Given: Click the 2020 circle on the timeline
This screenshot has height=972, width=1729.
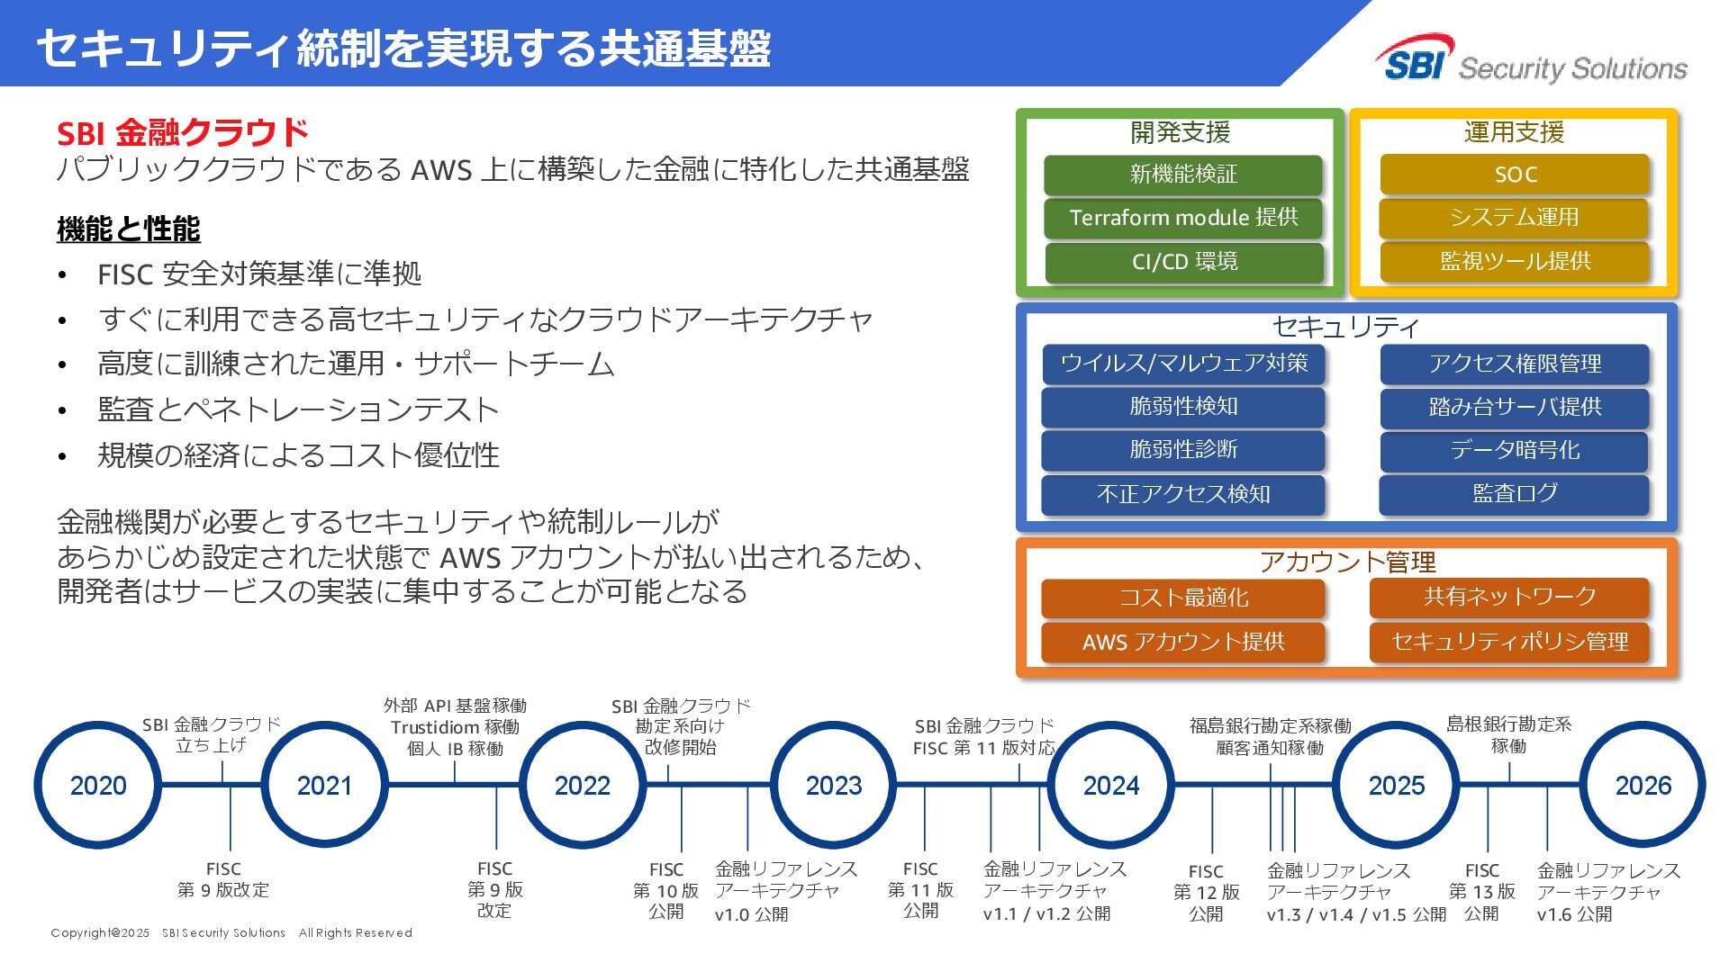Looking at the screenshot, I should click(98, 785).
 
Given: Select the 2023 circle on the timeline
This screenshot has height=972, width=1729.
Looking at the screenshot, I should click(834, 785).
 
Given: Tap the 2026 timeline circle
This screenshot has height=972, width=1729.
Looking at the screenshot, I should click(1643, 785).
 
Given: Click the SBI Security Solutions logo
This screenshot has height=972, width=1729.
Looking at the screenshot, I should click(1531, 60).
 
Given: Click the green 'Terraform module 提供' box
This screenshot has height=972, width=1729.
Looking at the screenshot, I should click(1183, 218).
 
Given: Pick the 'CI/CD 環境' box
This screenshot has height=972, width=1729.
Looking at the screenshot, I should click(1183, 262).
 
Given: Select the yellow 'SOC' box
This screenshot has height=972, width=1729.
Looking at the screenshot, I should click(1515, 175).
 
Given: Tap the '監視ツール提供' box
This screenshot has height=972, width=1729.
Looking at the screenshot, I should click(1515, 262).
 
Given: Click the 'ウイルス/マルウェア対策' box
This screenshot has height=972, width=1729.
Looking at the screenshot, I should click(1183, 364).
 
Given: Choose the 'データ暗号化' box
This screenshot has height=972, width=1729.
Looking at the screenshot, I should click(1515, 450).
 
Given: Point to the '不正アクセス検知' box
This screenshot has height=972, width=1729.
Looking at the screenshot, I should click(1183, 494).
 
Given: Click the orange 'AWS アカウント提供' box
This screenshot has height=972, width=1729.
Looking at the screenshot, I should click(1183, 642).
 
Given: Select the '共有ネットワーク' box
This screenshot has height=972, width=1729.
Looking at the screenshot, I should click(1509, 597).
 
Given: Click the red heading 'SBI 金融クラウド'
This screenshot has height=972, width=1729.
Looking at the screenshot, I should click(183, 133).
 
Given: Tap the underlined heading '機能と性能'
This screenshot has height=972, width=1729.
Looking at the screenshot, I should click(129, 229).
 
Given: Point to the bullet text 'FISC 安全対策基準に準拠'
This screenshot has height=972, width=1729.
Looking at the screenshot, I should click(259, 274).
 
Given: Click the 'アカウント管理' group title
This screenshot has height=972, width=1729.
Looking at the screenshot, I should click(1347, 562).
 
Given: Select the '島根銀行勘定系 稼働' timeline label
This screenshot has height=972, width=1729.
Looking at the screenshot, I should click(1508, 734).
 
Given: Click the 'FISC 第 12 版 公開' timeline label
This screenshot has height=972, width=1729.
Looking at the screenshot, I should click(1206, 893).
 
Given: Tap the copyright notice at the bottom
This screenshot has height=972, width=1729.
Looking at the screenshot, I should click(231, 933).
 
